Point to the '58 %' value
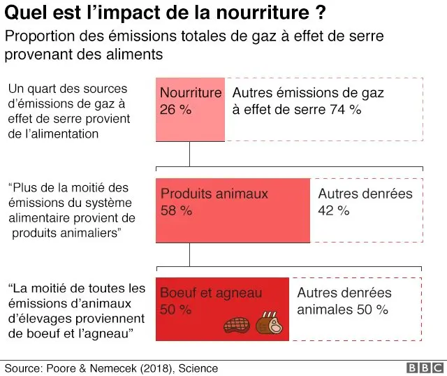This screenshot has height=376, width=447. tap(177, 210)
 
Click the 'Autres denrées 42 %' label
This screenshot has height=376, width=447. tap(365, 202)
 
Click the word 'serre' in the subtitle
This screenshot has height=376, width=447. tap(365, 36)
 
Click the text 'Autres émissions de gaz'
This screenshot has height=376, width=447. tap(307, 93)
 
